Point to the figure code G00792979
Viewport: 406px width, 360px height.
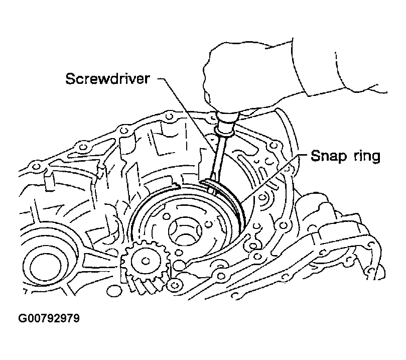pos(49,318)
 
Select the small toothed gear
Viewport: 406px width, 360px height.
pos(142,262)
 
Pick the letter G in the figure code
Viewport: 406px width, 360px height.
pos(23,318)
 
